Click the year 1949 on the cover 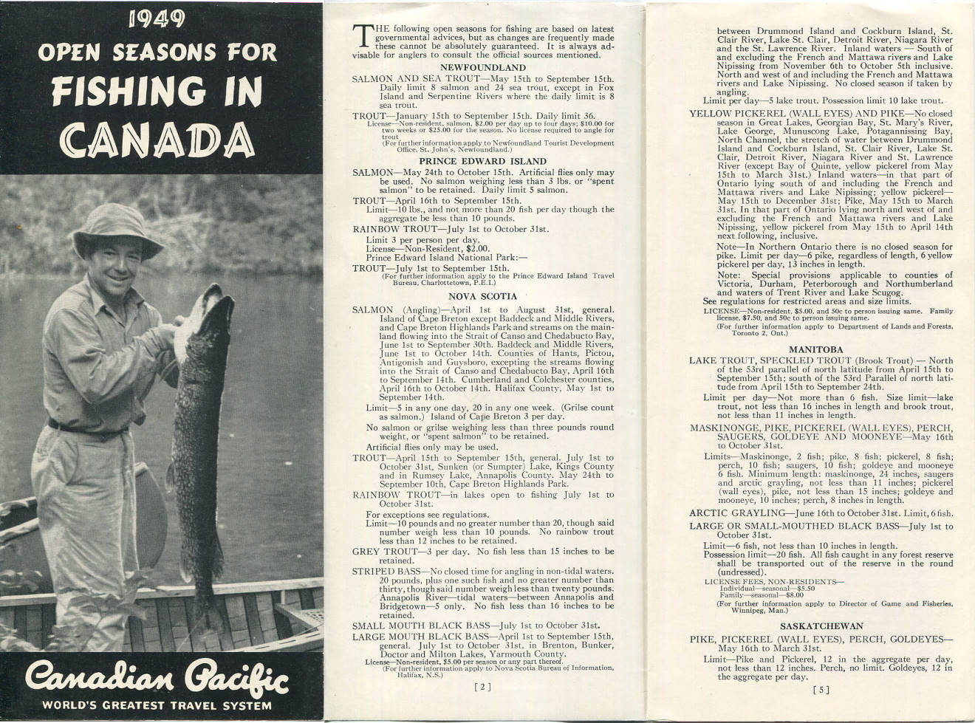tap(157, 19)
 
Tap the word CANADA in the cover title tap(157, 139)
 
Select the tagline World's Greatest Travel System tap(157, 705)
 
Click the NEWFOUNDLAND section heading tap(482, 67)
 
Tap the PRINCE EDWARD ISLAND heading tap(482, 161)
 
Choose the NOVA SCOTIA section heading tap(482, 296)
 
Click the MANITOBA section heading tap(815, 349)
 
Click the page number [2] tap(482, 687)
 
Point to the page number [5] tap(821, 691)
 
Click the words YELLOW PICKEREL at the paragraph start tap(739, 114)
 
